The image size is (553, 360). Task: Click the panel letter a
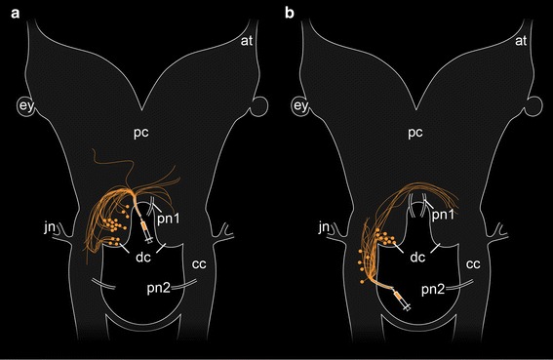click(x=8, y=11)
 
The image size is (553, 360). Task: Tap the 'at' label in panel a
click(x=248, y=41)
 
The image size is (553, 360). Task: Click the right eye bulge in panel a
click(x=259, y=104)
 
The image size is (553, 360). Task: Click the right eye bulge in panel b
click(x=535, y=104)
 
